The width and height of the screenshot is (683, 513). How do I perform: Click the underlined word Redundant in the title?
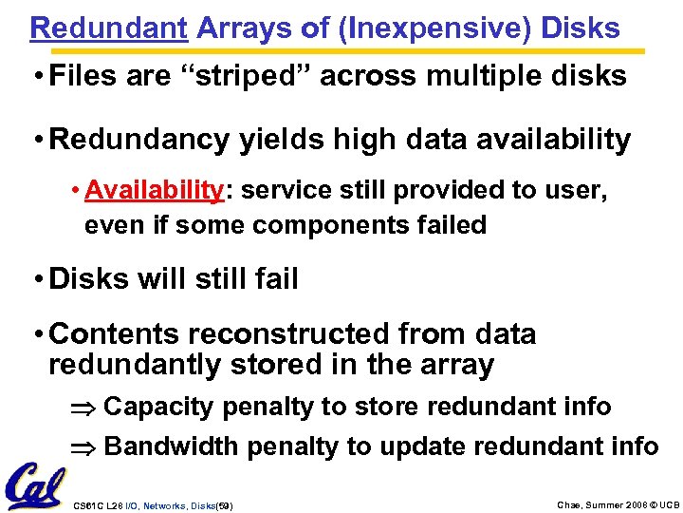[x=108, y=28]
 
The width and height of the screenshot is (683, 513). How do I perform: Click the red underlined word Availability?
[x=153, y=190]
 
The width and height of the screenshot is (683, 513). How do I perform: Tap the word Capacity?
[x=158, y=407]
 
